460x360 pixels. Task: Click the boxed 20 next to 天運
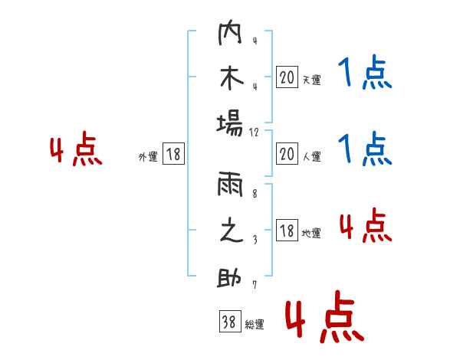287,77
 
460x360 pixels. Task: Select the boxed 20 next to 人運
287,155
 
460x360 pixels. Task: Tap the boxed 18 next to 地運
287,231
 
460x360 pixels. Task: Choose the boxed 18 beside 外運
173,155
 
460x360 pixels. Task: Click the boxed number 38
229,322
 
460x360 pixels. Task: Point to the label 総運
255,324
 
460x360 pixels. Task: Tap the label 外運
148,156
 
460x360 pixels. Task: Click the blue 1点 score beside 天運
364,74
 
